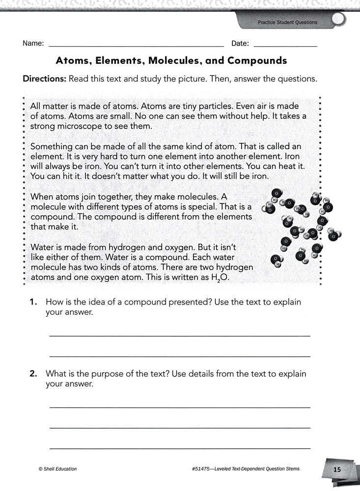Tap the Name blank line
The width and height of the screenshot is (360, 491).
135,45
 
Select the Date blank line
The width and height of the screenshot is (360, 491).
285,45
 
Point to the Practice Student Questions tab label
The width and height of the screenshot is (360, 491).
287,23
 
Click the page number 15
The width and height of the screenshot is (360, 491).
337,469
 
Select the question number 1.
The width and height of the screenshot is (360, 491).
33,302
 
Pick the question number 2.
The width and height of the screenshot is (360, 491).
33,374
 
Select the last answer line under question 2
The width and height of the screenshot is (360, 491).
180,448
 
